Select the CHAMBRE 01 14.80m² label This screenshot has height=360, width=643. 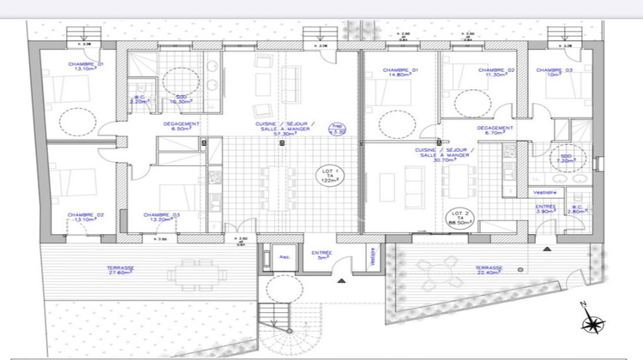pos(400,73)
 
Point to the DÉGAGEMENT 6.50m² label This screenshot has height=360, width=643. pos(182,126)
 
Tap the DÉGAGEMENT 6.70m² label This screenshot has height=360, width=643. pos(496,131)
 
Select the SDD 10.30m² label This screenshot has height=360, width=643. pos(182,99)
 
